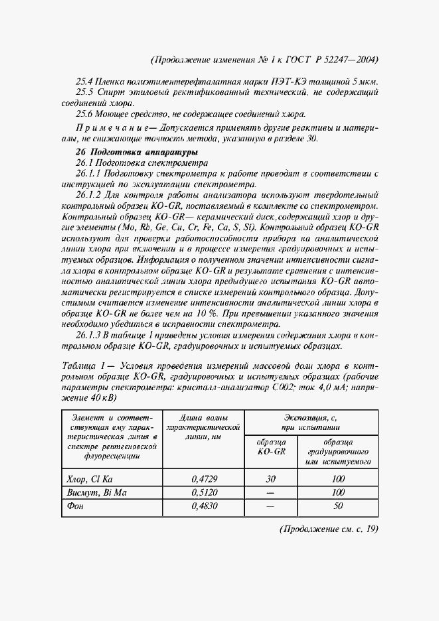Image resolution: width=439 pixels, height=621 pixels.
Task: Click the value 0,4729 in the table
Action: (203, 478)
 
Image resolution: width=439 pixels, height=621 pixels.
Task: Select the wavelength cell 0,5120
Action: (203, 492)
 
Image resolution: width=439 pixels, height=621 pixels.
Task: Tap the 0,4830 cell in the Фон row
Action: (203, 506)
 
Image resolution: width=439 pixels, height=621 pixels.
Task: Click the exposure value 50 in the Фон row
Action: (338, 506)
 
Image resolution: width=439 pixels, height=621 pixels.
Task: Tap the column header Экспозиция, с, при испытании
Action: (311, 423)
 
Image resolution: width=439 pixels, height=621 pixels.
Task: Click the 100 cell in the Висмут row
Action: (338, 492)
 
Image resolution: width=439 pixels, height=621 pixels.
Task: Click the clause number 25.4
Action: (86, 80)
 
